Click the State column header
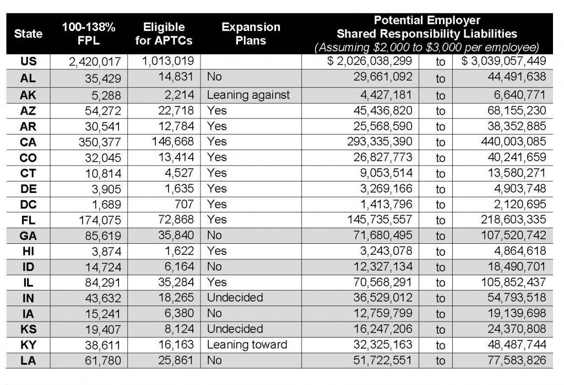(x=28, y=34)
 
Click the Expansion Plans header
(x=251, y=33)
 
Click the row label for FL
(x=28, y=220)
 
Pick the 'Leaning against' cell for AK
(x=248, y=94)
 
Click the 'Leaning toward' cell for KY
(x=247, y=345)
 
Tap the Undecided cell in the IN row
(x=235, y=297)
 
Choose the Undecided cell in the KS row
(x=235, y=329)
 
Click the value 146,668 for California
(x=173, y=142)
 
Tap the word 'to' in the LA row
(x=440, y=361)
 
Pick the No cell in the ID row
(x=214, y=267)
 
